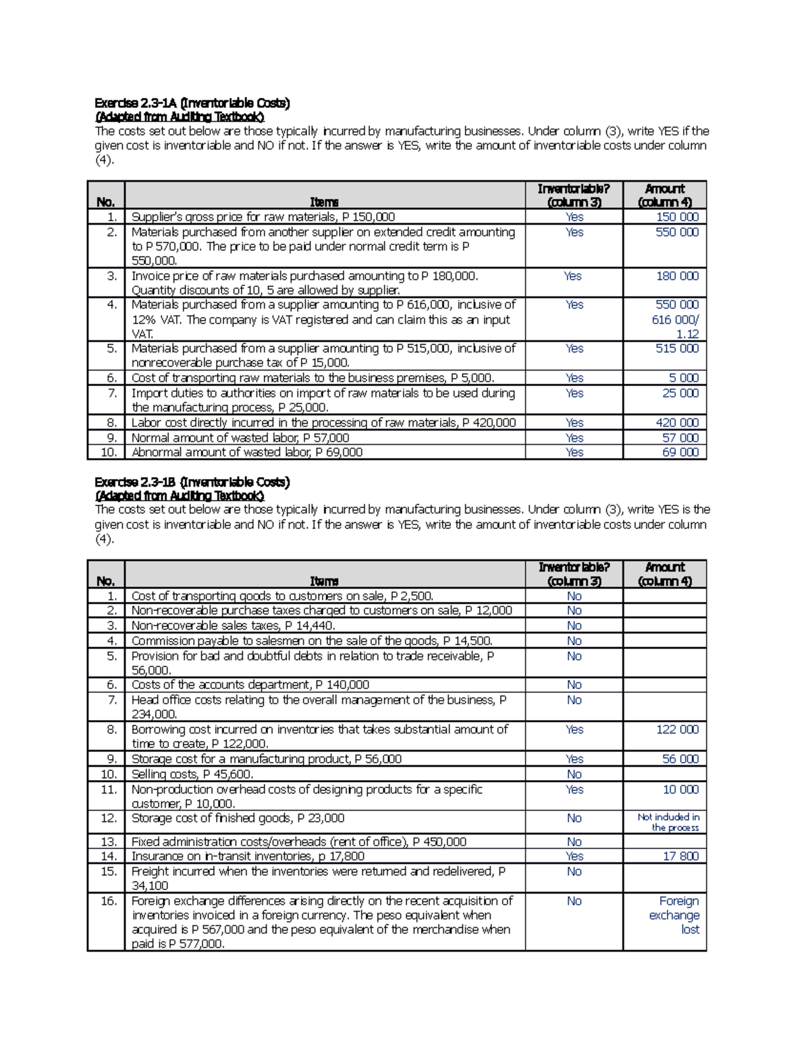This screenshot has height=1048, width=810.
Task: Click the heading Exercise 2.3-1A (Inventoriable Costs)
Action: click(x=192, y=103)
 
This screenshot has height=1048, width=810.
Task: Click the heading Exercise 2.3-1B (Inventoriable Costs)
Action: click(x=192, y=482)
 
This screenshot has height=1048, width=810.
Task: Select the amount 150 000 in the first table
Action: click(x=677, y=217)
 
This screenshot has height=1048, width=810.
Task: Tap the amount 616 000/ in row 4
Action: click(x=675, y=320)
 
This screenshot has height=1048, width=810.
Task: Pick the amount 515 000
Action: click(x=677, y=348)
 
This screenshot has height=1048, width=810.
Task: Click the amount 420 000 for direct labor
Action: click(x=677, y=422)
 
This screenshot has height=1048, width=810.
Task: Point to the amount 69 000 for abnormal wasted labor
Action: click(x=680, y=452)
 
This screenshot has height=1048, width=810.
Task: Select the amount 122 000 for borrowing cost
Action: click(x=677, y=729)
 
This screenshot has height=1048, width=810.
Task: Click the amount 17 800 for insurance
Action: click(x=680, y=856)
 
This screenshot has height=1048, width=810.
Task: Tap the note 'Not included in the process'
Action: click(x=668, y=822)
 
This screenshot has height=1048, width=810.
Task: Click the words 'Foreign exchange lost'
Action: click(x=674, y=915)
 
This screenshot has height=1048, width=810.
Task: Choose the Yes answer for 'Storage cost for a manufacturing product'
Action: click(x=574, y=759)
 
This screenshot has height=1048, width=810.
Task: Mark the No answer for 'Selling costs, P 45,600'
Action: click(x=574, y=775)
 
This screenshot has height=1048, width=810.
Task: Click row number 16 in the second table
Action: click(x=109, y=901)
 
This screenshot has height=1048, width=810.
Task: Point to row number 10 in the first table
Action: click(x=109, y=452)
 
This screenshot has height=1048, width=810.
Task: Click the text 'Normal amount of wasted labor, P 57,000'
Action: click(x=240, y=438)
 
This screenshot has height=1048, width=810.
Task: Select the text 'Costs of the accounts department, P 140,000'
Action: click(x=250, y=685)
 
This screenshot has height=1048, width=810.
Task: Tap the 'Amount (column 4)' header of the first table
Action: click(x=665, y=195)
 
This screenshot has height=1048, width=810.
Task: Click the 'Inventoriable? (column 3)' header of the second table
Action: click(x=574, y=574)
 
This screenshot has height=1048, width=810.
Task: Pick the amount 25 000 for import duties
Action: click(x=680, y=393)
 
